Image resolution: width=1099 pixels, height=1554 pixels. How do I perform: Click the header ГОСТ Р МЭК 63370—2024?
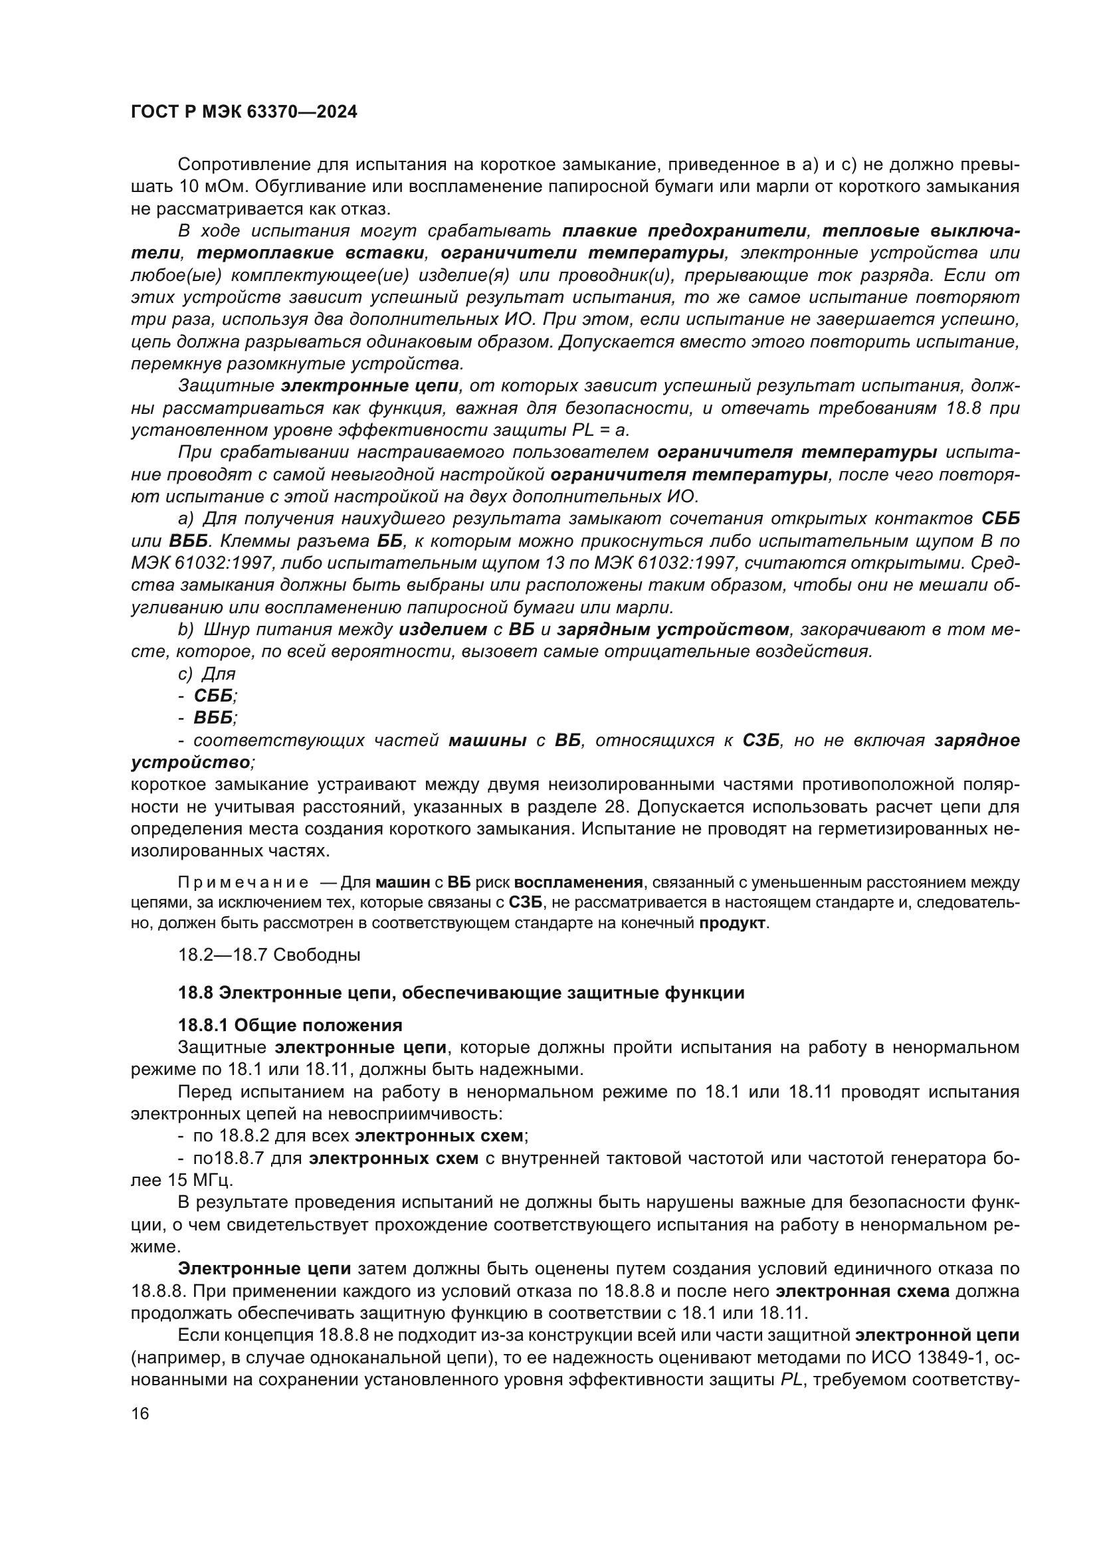tap(244, 112)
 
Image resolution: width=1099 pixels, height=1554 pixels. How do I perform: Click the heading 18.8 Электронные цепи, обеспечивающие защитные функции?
tap(461, 993)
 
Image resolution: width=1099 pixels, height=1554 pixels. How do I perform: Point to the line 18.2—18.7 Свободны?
tap(268, 955)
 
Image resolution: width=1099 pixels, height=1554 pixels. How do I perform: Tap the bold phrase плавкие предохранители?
tap(684, 231)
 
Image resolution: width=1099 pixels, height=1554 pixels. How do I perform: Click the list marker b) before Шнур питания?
tap(185, 629)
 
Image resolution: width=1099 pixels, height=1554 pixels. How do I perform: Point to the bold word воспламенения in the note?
tap(578, 882)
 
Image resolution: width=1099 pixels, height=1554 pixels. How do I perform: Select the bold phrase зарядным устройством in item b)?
tap(672, 629)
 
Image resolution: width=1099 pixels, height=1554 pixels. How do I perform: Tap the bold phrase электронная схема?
tap(862, 1291)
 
